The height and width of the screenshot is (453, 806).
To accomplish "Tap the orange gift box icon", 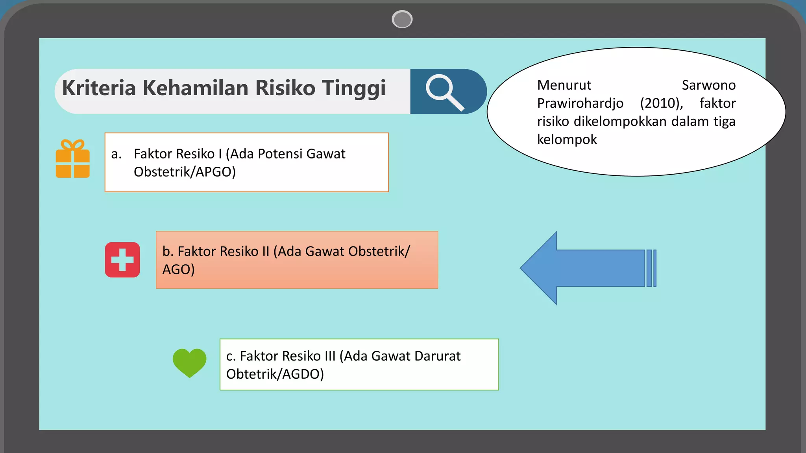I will (x=73, y=159).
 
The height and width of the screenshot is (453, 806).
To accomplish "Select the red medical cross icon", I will (x=122, y=260).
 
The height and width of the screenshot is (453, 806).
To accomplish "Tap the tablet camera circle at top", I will (x=402, y=19).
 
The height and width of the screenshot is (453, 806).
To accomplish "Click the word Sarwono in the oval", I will (x=708, y=85).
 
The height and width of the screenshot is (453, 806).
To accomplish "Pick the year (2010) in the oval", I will (x=661, y=103).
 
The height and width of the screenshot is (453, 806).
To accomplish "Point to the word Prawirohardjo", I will (x=580, y=103).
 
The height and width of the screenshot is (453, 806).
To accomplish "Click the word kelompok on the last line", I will (x=567, y=140).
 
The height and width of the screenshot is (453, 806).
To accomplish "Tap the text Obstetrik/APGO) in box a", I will (x=185, y=172).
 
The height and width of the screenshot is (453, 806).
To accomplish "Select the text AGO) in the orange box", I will (x=178, y=269).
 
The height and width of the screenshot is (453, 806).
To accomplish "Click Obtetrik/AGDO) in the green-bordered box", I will (x=275, y=374).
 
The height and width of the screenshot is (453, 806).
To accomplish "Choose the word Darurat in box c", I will (x=437, y=356).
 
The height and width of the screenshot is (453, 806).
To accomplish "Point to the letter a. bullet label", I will (x=116, y=154).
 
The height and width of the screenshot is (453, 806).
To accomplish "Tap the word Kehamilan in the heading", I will (x=195, y=88).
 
